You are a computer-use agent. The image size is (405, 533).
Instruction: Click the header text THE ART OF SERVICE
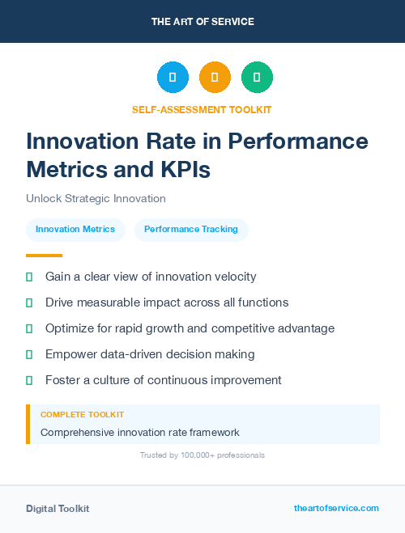[x=202, y=22]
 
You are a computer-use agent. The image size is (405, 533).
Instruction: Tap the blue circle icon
[x=173, y=78]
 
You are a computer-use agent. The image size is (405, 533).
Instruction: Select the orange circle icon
[x=215, y=78]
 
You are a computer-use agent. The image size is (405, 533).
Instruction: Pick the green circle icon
[x=257, y=78]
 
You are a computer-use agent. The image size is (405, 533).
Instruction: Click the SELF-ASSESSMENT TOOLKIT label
[x=202, y=109]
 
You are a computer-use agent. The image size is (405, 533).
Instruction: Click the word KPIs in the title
[x=185, y=169]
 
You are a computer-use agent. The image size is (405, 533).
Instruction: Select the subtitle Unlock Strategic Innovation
[x=96, y=198]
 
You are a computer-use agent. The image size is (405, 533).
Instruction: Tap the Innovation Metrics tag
[x=75, y=230]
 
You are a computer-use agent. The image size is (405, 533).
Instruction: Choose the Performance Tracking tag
[x=191, y=230]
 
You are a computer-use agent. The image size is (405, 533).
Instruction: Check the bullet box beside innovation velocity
[x=29, y=277]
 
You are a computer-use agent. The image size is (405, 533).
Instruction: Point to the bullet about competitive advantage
[x=190, y=328]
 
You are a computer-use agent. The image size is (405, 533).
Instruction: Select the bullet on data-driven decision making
[x=150, y=354]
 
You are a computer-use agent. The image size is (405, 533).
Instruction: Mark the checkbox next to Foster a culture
[x=29, y=380]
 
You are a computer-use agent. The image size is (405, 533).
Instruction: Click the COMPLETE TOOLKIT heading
[x=82, y=414]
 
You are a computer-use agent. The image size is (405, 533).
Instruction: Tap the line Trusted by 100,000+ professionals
[x=202, y=455]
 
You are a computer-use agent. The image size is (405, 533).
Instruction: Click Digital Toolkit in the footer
[x=58, y=509]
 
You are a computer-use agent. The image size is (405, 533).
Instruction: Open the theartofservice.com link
[x=336, y=508]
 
